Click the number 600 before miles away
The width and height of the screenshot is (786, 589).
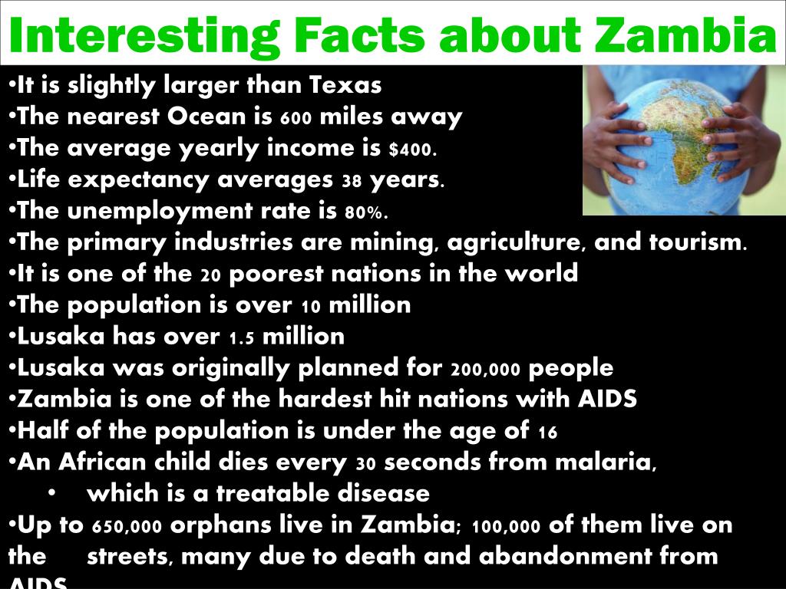tap(296, 119)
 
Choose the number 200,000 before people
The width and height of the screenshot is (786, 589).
tap(487, 370)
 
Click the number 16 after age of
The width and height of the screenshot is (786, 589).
tap(547, 433)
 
